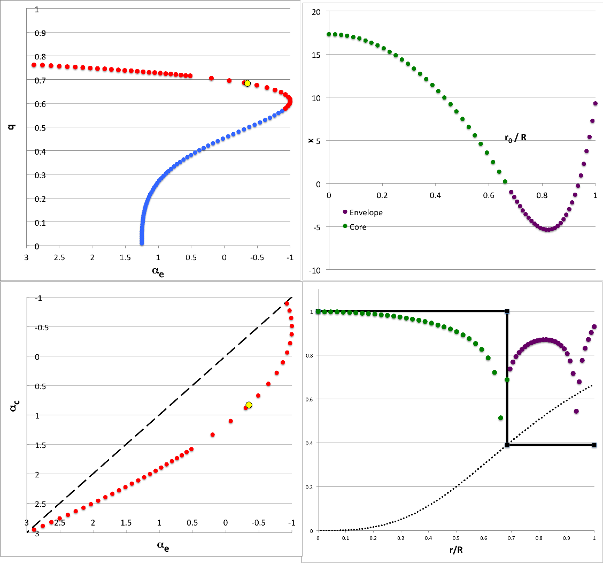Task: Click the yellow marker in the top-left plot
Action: pyautogui.click(x=247, y=83)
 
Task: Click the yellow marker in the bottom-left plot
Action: pyautogui.click(x=249, y=405)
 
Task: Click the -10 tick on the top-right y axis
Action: pyautogui.click(x=314, y=270)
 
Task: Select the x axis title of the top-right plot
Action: pyautogui.click(x=311, y=140)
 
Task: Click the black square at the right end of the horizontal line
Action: pyautogui.click(x=594, y=445)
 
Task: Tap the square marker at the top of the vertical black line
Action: pyautogui.click(x=507, y=311)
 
